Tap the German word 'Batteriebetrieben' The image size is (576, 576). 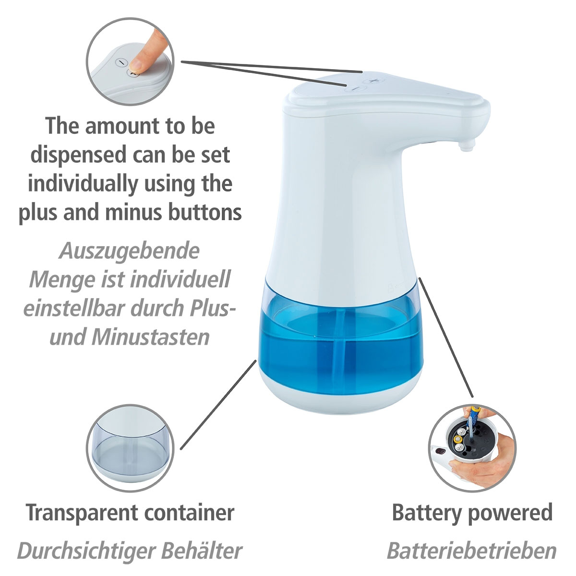(471, 551)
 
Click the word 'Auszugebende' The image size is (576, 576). (129, 251)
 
